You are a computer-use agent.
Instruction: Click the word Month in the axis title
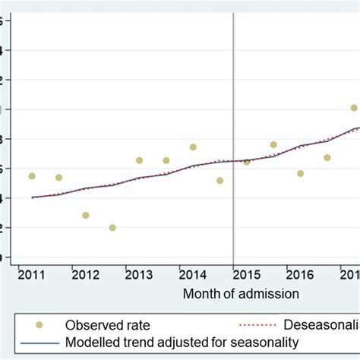click(201, 292)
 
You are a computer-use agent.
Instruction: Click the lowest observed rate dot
click(112, 228)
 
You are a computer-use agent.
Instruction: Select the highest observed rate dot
click(354, 108)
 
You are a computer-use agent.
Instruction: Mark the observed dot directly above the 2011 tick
click(32, 176)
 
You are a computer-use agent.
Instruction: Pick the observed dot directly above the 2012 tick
click(86, 216)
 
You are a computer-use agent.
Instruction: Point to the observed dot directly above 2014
click(193, 147)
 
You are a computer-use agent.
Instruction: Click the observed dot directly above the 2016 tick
click(301, 173)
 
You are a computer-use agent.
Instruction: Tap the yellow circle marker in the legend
click(39, 325)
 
